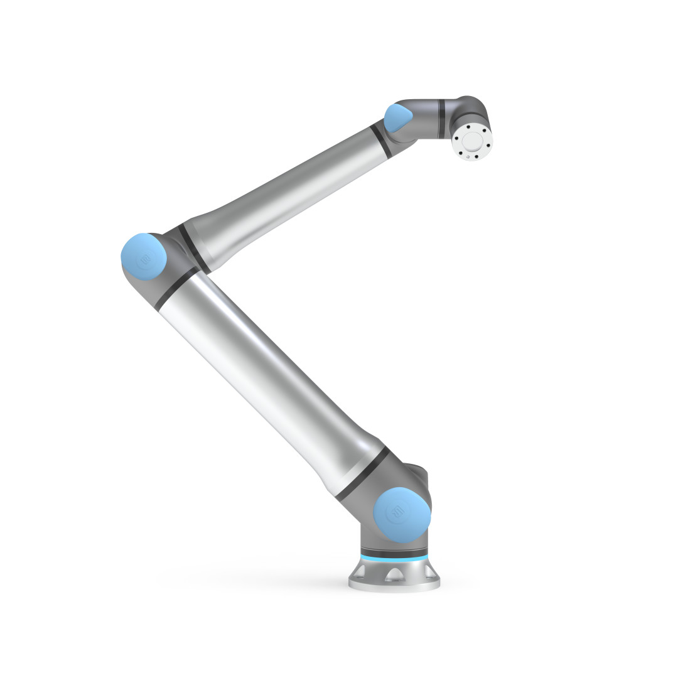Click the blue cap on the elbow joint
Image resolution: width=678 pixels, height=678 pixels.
coord(143,257)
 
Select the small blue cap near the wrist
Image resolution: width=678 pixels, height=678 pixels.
coord(398,119)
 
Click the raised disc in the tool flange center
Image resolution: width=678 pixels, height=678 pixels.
coord(472,139)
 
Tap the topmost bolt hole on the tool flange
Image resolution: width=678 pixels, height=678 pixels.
coord(470,125)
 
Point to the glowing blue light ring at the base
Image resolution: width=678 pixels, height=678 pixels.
coord(394,557)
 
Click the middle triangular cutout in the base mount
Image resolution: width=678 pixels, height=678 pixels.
coord(395,573)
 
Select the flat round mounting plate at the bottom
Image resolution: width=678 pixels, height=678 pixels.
coord(394,584)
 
